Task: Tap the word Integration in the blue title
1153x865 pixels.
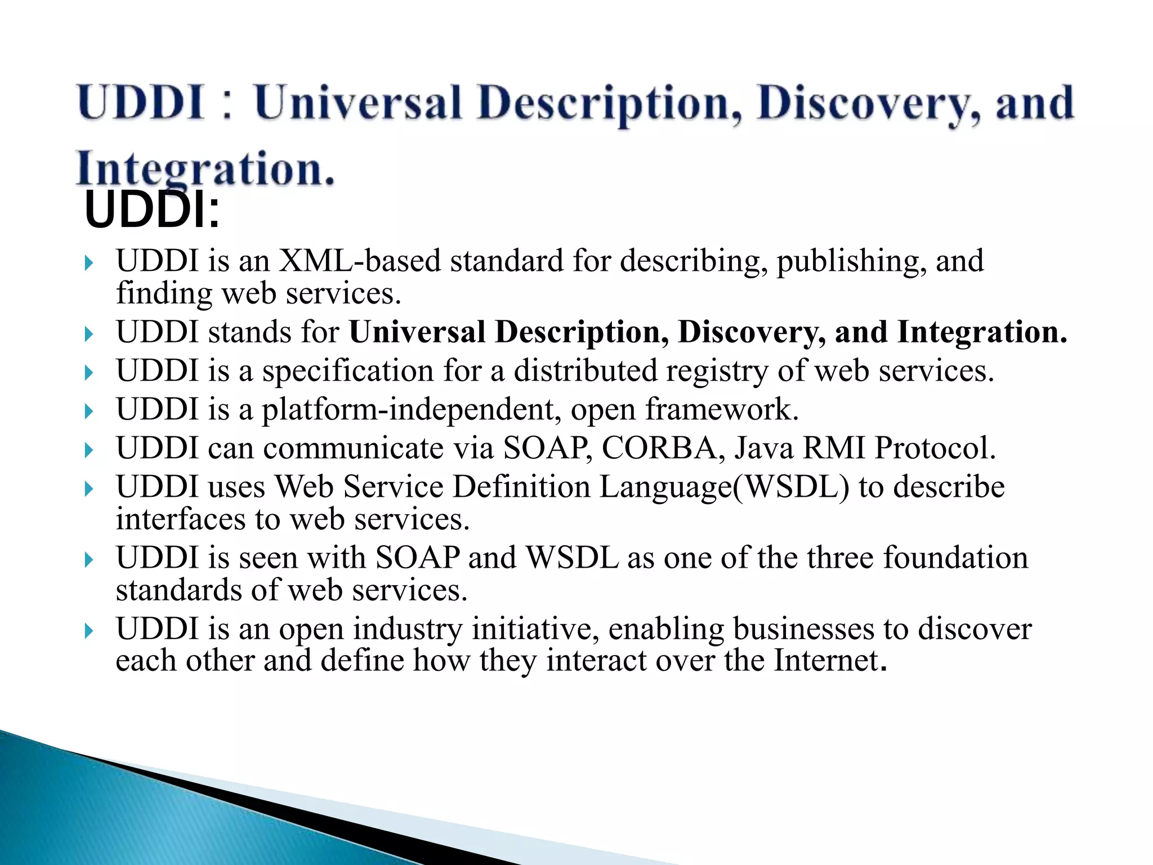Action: (205, 169)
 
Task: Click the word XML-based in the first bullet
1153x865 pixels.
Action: (360, 261)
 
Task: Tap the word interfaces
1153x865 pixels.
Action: (181, 519)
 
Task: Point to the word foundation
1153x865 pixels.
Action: (955, 558)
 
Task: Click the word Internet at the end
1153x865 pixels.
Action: (825, 661)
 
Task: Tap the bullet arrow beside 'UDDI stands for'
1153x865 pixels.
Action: (88, 335)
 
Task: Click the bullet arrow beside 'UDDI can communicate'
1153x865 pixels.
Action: (88, 451)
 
